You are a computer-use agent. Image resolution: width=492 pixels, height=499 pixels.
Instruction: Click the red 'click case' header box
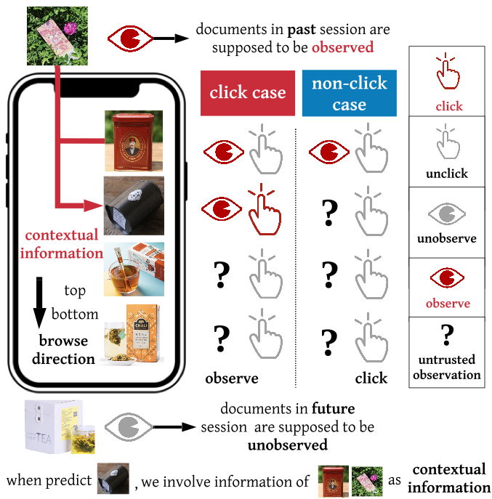coord(248,93)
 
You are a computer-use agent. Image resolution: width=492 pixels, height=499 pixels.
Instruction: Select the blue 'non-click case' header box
coord(349,94)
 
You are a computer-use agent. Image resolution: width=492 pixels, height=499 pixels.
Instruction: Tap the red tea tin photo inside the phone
coord(133,141)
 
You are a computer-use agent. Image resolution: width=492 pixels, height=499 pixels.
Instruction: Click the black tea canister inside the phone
coord(133,204)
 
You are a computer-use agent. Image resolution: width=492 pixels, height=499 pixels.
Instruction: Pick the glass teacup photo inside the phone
coord(133,269)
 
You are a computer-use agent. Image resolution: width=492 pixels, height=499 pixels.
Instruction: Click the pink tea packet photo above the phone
coord(57,35)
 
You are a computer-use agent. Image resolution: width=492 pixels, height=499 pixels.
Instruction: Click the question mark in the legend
coord(448,335)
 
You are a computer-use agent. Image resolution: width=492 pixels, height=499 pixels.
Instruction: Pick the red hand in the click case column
coord(262,210)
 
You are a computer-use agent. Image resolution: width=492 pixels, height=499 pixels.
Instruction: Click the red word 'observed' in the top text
coord(343,48)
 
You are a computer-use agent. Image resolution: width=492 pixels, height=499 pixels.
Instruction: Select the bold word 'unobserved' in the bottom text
coord(288,445)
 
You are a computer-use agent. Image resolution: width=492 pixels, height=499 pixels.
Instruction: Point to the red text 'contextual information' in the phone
coord(61,244)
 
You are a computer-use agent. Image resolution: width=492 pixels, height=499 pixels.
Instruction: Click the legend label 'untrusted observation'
coord(448,367)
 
